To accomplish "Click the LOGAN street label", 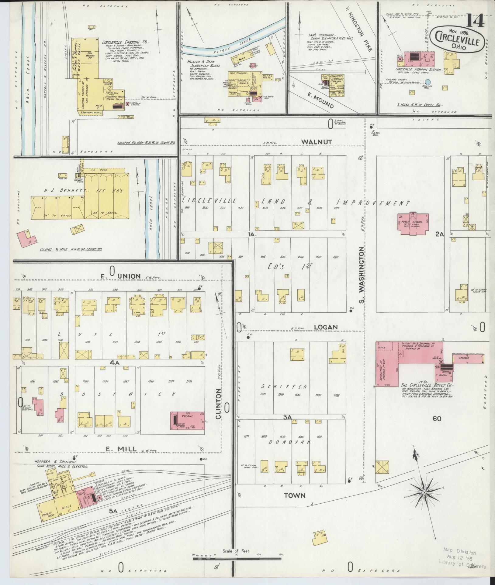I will pyautogui.click(x=326, y=327).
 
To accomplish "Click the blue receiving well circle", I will pyautogui.click(x=428, y=82).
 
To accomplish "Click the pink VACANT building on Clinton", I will pyautogui.click(x=187, y=420).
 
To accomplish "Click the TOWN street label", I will pyautogui.click(x=294, y=495).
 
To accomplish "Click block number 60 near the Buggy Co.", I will pyautogui.click(x=437, y=419).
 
